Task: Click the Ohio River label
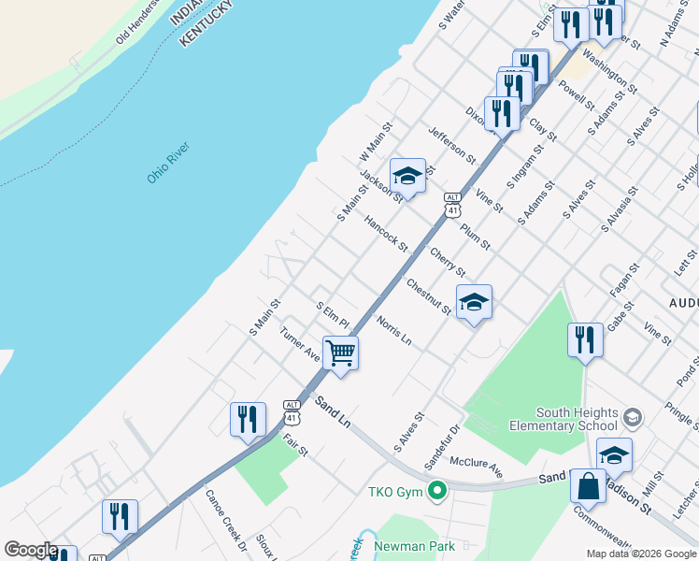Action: pos(168,163)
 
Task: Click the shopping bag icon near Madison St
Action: pos(588,486)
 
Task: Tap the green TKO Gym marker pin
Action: pos(435,491)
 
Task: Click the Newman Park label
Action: pos(412,545)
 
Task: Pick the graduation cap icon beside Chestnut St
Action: pos(474,302)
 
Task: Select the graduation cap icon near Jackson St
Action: pos(407,176)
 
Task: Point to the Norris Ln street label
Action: pos(393,329)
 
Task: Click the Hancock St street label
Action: pos(386,234)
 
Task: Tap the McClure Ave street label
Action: pos(476,467)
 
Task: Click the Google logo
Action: pos(31,550)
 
